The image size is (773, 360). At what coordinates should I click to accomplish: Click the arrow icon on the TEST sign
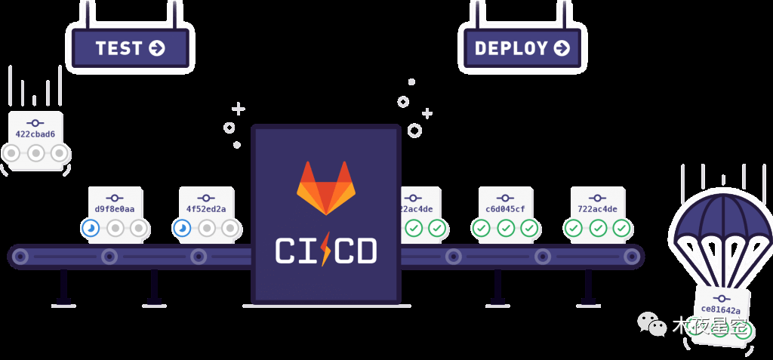pos(157,48)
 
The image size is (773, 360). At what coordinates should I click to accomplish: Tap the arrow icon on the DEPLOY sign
pos(562,48)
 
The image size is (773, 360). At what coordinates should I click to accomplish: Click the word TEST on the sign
pos(119,48)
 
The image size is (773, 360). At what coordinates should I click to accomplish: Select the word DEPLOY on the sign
pos(511,48)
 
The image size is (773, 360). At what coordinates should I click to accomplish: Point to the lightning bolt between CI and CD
pos(325,250)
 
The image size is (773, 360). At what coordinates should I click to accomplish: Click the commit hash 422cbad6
pos(35,134)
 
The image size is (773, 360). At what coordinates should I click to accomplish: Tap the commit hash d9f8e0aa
pos(115,209)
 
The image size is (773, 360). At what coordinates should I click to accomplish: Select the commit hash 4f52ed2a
pos(206,209)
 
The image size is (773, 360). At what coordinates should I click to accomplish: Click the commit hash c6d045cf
pos(505,209)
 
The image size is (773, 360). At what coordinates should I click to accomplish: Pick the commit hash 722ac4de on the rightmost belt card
pos(597,209)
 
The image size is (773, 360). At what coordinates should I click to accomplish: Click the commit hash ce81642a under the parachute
pos(720,309)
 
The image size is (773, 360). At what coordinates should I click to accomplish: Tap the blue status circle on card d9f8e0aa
pos(91,227)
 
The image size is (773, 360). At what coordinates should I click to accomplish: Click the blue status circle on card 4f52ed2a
pos(182,227)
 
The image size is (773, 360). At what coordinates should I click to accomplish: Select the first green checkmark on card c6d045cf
pos(481,227)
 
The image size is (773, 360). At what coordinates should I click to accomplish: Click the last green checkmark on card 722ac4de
pos(621,227)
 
